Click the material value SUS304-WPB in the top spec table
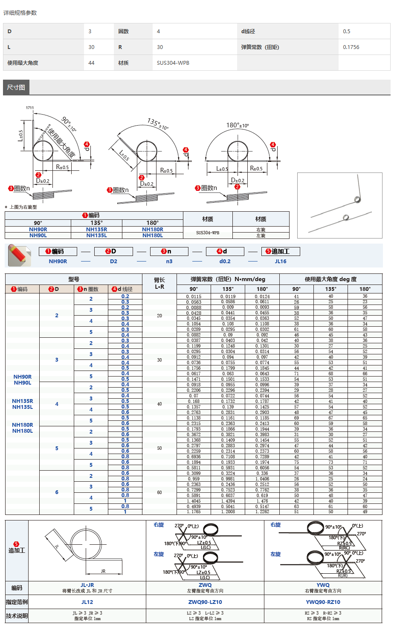(x=173, y=63)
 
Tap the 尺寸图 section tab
(x=16, y=87)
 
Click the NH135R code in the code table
(x=96, y=230)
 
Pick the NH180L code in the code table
(x=152, y=236)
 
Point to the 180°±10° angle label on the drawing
(x=237, y=125)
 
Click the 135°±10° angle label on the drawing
(x=158, y=124)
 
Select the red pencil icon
(x=19, y=255)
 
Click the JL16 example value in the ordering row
(x=281, y=262)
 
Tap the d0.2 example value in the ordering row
(x=225, y=262)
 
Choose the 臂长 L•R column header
(x=159, y=283)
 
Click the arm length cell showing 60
(x=159, y=492)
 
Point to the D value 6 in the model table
(x=57, y=492)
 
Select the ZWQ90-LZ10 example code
(x=205, y=602)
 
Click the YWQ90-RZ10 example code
(x=323, y=602)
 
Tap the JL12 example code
(x=87, y=602)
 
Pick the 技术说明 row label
(x=17, y=616)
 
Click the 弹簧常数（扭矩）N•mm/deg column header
(x=228, y=279)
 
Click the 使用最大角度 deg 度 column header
(x=330, y=279)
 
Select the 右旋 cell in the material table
(x=261, y=230)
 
